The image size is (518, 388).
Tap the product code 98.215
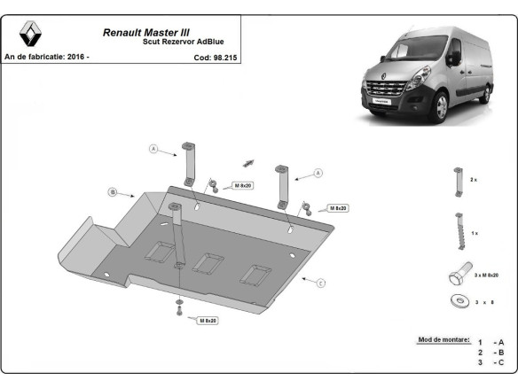[x=209, y=58]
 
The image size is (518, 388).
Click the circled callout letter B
[x=114, y=191]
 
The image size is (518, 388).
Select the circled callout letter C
[x=321, y=283]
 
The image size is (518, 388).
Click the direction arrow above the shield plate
[x=247, y=163]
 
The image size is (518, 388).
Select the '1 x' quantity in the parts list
[x=474, y=232]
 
